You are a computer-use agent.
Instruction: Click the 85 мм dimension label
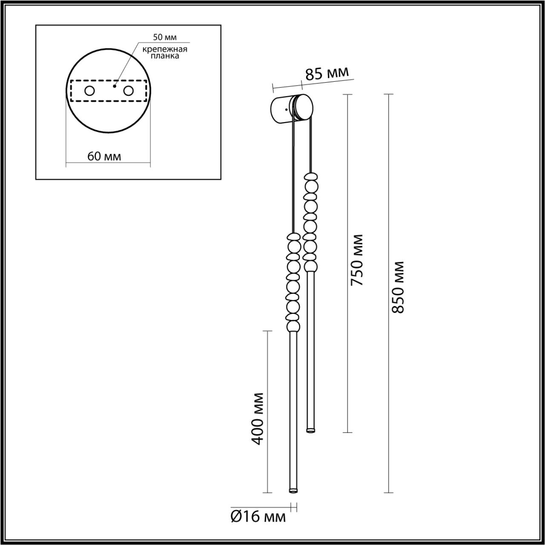(327, 73)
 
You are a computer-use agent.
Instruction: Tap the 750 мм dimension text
(356, 260)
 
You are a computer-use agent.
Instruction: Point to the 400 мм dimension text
(258, 418)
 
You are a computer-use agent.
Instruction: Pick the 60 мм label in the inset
(104, 156)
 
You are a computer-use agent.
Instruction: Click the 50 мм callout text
(165, 38)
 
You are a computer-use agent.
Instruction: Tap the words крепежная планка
(165, 52)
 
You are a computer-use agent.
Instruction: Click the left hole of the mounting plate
(89, 91)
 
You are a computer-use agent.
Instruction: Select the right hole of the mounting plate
(128, 91)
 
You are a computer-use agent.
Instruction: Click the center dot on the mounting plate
(114, 86)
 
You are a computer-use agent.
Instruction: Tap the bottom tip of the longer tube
(293, 491)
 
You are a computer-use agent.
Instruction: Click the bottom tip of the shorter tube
(311, 431)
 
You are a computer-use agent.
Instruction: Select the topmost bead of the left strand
(293, 236)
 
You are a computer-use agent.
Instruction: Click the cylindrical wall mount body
(282, 109)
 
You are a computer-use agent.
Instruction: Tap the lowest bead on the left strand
(293, 327)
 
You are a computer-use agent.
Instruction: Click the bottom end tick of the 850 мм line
(388, 493)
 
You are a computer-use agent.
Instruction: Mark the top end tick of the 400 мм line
(267, 331)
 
